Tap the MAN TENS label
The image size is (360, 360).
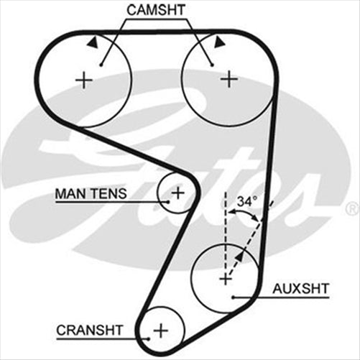pyautogui.click(x=91, y=193)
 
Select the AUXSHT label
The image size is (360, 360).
pyautogui.click(x=300, y=288)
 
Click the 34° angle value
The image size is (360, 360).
pyautogui.click(x=246, y=203)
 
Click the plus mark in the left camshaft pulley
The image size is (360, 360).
pyautogui.click(x=85, y=78)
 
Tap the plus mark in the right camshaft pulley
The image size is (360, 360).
pyautogui.click(x=229, y=78)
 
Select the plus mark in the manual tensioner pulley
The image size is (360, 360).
pyautogui.click(x=177, y=192)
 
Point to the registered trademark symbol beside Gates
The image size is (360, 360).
pyautogui.click(x=351, y=208)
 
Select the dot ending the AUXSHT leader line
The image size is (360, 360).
pyautogui.click(x=234, y=296)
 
